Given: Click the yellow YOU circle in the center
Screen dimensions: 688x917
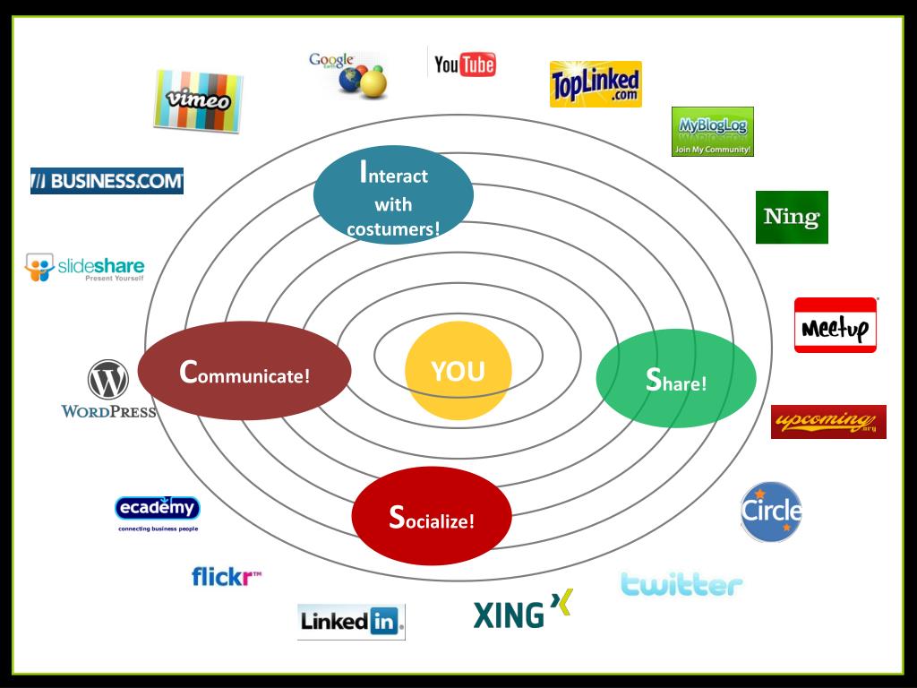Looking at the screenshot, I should point(458,371).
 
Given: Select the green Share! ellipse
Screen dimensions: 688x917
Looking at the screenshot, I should point(676,379).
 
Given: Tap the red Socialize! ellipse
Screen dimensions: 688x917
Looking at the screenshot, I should point(431,516).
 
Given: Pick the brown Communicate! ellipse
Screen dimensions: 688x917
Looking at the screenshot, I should point(244,371).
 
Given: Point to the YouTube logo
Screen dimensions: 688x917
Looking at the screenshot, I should point(464,64).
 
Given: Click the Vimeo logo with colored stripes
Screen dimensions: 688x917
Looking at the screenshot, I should point(198,100).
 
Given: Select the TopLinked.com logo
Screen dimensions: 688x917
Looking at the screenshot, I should point(596,84).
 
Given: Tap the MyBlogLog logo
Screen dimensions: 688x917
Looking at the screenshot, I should point(713,132).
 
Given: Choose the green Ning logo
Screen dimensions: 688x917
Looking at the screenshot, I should point(792,217).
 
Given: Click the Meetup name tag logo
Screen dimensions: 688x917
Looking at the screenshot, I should point(836,325).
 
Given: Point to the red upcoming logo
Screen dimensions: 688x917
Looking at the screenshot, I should point(828,421).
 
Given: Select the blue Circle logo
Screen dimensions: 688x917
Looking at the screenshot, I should point(771,512).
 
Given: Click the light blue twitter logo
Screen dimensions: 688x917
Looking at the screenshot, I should point(681,585).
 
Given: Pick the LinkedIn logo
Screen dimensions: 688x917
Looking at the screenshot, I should point(351,621).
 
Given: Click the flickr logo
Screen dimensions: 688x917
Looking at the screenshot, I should point(227,576).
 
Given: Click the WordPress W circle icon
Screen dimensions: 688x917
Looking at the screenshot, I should point(108,380).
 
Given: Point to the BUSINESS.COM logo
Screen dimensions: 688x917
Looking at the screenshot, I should point(107,181).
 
